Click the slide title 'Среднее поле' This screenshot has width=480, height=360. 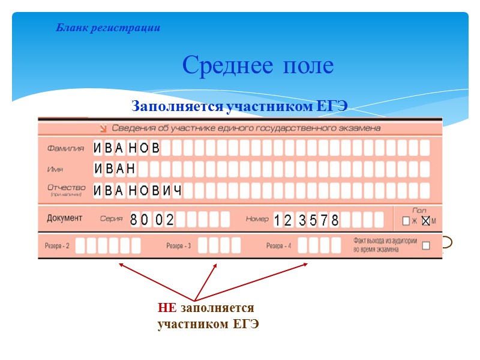pos(257,65)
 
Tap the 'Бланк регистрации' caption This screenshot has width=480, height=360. pos(108,28)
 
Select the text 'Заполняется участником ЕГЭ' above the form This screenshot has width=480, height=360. pos(239,107)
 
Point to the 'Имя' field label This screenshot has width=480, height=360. pos(55,169)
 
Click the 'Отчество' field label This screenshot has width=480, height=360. pos(67,188)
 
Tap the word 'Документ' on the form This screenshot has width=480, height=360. pos(65,218)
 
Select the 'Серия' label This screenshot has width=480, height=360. pos(112,219)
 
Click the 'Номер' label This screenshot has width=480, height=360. pos(257,219)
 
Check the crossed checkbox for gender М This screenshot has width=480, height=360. pos(425,221)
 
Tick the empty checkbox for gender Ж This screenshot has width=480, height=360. pos(406,221)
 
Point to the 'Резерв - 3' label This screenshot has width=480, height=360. pos(179,246)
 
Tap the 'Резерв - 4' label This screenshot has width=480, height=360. pos(279,246)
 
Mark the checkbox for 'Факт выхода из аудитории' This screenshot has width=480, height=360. pos(426,245)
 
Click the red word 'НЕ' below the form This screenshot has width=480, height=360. pos(167,308)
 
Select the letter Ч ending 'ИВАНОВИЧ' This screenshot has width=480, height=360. pos(176,190)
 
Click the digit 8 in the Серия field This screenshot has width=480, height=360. pos(134,220)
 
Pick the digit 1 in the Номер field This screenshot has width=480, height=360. pos(277,220)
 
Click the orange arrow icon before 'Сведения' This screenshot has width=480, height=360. pos(104,128)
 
